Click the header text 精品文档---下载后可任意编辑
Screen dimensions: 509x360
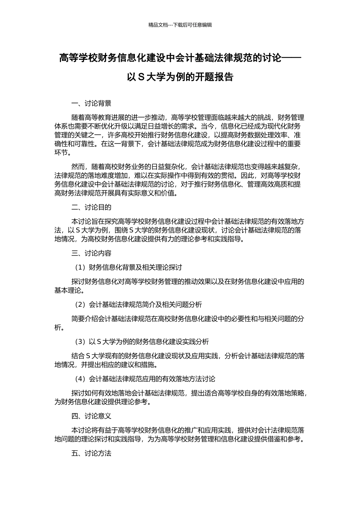(x=180, y=25)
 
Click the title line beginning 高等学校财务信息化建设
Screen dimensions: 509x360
(x=180, y=58)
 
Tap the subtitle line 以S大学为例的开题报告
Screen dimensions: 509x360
(x=180, y=77)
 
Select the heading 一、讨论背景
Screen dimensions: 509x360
(x=91, y=103)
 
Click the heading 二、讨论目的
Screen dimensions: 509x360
(x=91, y=207)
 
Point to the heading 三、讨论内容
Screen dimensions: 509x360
(x=91, y=253)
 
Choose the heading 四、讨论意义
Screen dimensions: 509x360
(x=91, y=416)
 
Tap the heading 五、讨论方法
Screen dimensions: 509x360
(x=91, y=453)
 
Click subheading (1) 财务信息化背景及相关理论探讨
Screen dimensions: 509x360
(x=128, y=267)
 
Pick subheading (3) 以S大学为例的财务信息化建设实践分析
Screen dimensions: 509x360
(x=141, y=342)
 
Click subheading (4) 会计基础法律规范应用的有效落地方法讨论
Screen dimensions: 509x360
(x=144, y=379)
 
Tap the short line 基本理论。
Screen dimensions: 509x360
(x=69, y=290)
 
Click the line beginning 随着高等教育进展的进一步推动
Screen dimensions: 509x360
(x=188, y=117)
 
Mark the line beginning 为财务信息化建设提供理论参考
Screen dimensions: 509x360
(x=103, y=402)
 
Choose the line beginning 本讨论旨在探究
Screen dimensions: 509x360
(x=188, y=222)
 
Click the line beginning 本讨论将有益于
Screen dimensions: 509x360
(x=188, y=430)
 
